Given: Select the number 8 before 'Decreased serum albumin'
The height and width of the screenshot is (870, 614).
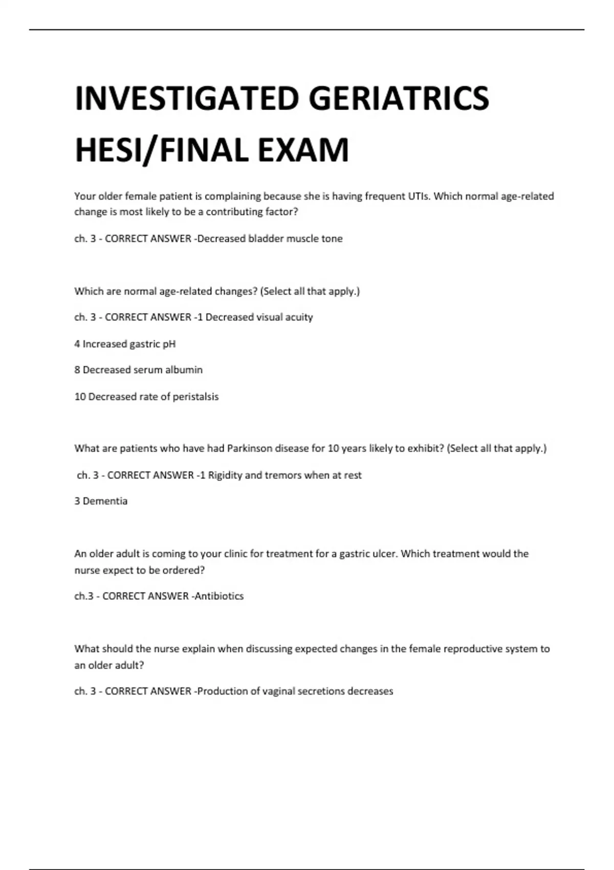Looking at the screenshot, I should tap(77, 369).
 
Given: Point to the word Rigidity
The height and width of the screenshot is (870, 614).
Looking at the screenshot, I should tap(225, 475).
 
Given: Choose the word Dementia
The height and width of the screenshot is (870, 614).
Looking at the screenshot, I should tap(105, 501).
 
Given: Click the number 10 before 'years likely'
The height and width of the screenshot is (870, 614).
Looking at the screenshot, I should tap(333, 448).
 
